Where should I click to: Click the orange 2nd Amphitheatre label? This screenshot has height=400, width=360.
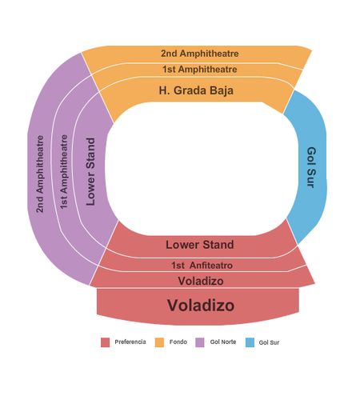tap(199, 54)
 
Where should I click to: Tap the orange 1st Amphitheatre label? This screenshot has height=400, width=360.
tap(200, 70)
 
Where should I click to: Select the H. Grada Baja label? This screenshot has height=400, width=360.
tap(196, 90)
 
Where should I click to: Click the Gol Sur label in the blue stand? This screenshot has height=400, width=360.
tap(311, 167)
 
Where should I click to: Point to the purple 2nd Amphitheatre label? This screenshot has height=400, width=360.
tap(40, 174)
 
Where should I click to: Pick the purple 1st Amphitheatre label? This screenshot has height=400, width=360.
tap(64, 172)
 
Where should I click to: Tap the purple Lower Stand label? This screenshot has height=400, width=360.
tap(90, 171)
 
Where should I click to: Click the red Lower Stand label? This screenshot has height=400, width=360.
tap(200, 245)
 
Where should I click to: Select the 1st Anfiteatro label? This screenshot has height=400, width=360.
tap(202, 266)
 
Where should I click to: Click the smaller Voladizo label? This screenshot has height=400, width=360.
tap(201, 281)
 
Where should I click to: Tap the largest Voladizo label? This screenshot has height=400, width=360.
tap(201, 305)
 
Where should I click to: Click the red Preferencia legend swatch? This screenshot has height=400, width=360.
tap(106, 342)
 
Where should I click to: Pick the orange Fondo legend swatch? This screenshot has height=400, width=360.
tap(159, 342)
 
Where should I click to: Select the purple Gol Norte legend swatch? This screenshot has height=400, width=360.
tap(200, 342)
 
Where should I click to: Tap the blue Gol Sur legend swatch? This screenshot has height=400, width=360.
tap(250, 342)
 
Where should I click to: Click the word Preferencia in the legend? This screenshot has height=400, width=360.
tap(130, 342)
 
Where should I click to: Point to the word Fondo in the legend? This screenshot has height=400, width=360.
tap(178, 342)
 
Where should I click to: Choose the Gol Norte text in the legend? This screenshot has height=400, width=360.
tap(223, 342)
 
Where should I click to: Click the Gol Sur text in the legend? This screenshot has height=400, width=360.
tap(269, 342)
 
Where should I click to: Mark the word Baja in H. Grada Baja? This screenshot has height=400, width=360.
tap(222, 90)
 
